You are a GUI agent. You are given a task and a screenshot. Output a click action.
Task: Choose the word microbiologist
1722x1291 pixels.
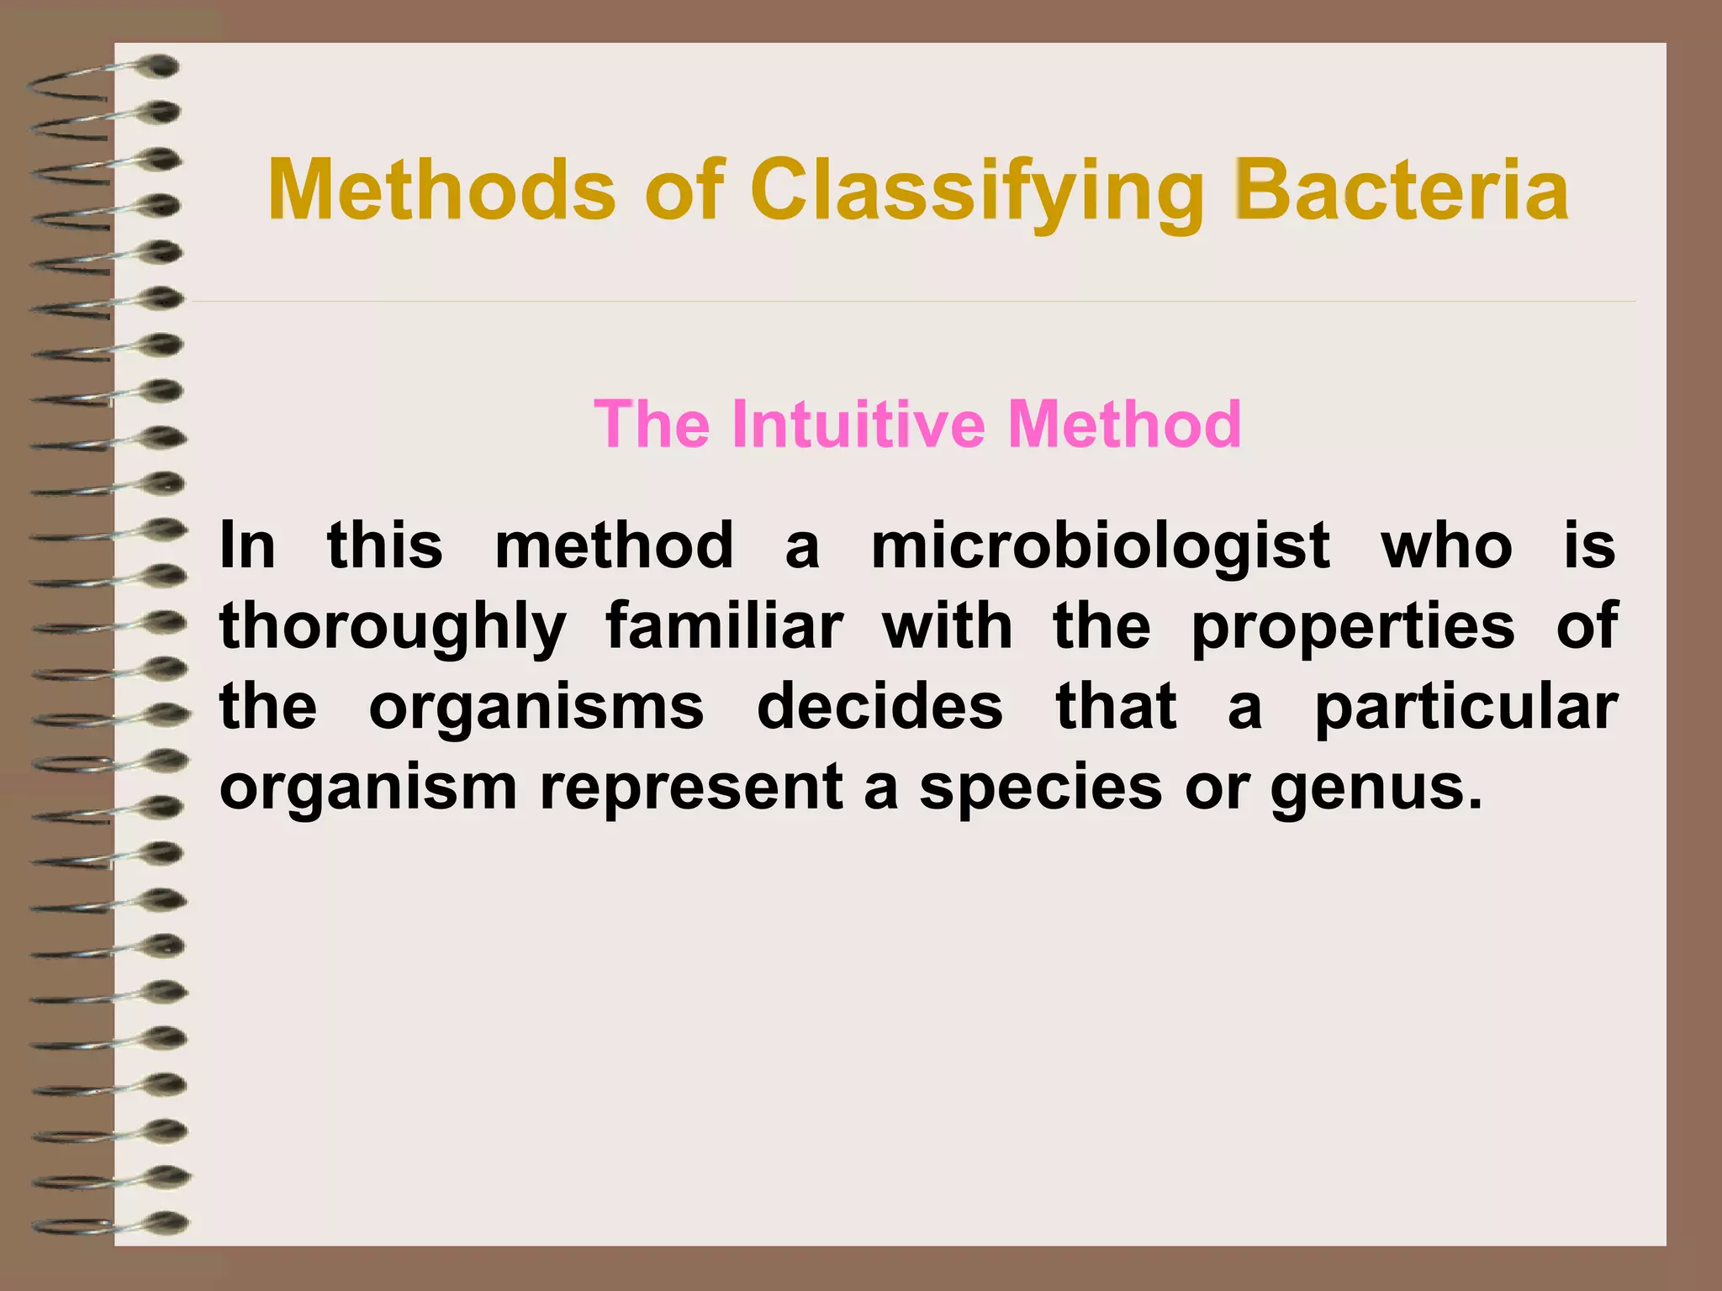[1100, 546]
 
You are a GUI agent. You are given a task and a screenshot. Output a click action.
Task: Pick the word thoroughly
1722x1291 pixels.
[393, 629]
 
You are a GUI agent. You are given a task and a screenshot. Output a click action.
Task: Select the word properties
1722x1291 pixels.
[1353, 629]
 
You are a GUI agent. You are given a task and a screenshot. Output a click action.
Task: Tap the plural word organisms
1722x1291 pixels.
[536, 709]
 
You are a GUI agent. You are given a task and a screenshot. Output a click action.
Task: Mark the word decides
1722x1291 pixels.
[879, 707]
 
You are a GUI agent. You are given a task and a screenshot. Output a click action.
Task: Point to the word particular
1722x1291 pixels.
[1466, 709]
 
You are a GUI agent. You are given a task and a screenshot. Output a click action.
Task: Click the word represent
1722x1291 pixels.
[691, 789]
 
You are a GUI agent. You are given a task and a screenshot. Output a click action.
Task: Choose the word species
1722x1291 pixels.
[1040, 789]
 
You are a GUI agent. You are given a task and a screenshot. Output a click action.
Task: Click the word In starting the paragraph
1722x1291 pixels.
[247, 546]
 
